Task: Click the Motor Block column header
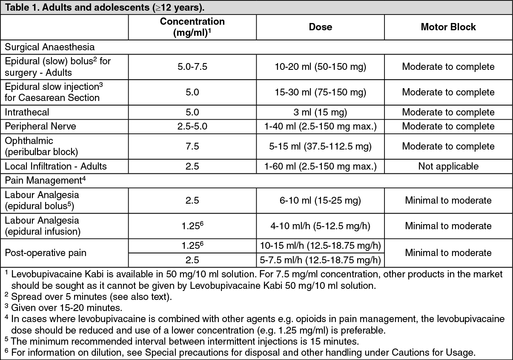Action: (448, 27)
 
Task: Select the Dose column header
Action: (320, 27)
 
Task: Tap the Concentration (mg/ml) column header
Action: (192, 27)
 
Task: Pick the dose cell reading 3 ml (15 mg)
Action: (320, 112)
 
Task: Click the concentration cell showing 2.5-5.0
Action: (192, 127)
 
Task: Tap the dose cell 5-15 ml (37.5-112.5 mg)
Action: (320, 146)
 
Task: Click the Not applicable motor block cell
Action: (448, 166)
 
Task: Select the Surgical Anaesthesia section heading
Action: (50, 46)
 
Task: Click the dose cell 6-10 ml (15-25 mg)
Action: (320, 200)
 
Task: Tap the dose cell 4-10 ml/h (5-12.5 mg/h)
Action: (320, 226)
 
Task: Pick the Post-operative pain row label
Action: (46, 253)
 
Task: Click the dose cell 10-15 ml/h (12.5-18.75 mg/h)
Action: (320, 246)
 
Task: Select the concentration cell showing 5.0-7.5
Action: (192, 66)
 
